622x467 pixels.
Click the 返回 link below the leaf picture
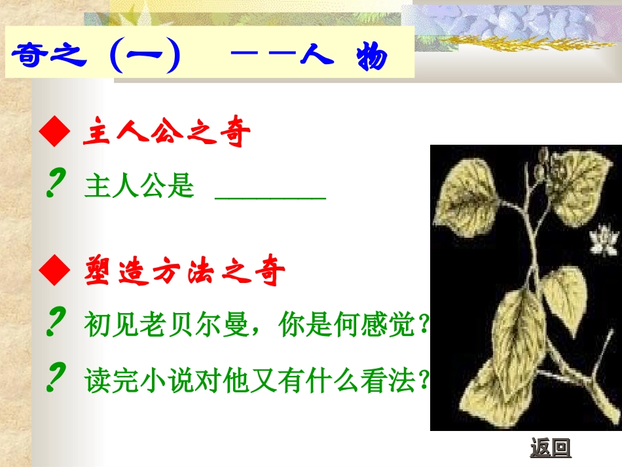[x=551, y=449]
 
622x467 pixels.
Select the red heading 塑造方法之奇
[x=185, y=272]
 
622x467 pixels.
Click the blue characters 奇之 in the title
[x=50, y=56]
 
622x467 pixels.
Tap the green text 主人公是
[x=139, y=187]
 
